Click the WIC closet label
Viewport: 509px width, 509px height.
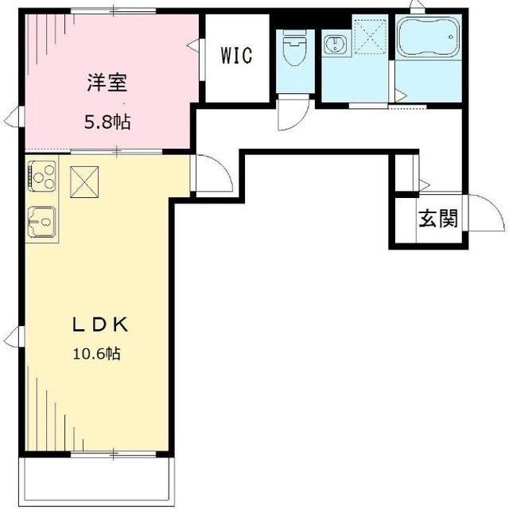point(236,55)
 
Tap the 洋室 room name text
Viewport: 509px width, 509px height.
point(107,83)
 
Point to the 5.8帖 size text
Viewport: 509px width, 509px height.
point(107,122)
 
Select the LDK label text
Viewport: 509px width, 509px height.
point(100,324)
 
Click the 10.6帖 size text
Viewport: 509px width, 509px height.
point(97,353)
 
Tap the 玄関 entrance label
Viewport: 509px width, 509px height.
point(438,218)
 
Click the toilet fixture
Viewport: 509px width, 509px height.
point(295,48)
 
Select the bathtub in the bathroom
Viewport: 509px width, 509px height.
point(428,37)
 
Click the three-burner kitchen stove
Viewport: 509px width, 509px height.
point(42,177)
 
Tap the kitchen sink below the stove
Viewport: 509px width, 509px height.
point(42,222)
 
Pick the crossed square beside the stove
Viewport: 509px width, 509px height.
point(84,182)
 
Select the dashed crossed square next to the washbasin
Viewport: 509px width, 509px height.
point(371,36)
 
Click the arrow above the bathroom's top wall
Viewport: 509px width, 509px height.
point(418,5)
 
